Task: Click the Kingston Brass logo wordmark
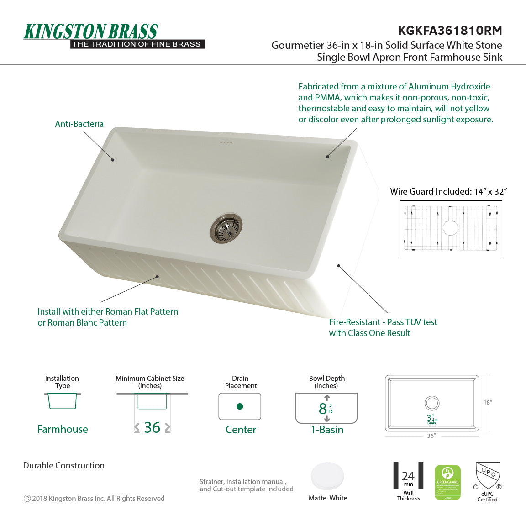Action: [x=91, y=32]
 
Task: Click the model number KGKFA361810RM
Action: [x=450, y=31]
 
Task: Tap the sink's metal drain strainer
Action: [x=226, y=227]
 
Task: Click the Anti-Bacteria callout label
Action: [x=79, y=124]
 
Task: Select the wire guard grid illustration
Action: [x=451, y=228]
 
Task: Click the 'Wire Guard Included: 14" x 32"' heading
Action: [x=448, y=191]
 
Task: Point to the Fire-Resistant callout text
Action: [x=383, y=327]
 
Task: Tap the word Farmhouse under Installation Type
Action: [x=63, y=429]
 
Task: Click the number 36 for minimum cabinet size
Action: [x=152, y=427]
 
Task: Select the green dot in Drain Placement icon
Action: [x=240, y=406]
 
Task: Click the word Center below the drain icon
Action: [x=241, y=430]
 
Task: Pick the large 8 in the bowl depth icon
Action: [x=322, y=409]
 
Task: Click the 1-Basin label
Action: [x=327, y=430]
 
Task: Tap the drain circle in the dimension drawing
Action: [x=431, y=403]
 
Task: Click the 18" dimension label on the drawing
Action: [x=487, y=402]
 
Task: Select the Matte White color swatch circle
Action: [x=327, y=477]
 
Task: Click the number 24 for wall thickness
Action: [x=408, y=476]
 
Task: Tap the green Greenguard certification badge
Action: [x=447, y=482]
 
